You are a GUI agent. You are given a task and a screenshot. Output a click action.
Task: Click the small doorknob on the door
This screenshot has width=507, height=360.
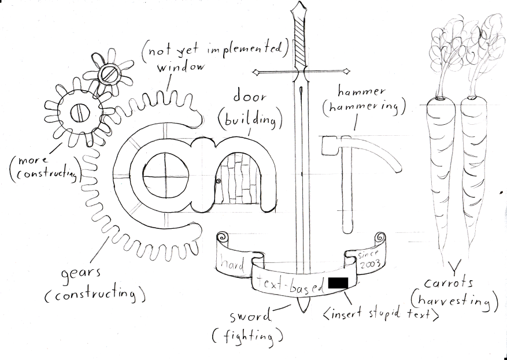219,182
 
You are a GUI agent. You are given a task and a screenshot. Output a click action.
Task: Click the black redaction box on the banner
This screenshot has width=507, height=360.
338,283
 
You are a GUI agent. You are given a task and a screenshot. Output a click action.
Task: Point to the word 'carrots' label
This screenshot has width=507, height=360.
450,284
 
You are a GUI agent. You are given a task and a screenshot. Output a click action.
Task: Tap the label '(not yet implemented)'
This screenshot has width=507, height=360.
213,49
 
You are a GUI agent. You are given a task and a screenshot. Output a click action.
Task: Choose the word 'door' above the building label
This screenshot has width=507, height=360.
249,95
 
